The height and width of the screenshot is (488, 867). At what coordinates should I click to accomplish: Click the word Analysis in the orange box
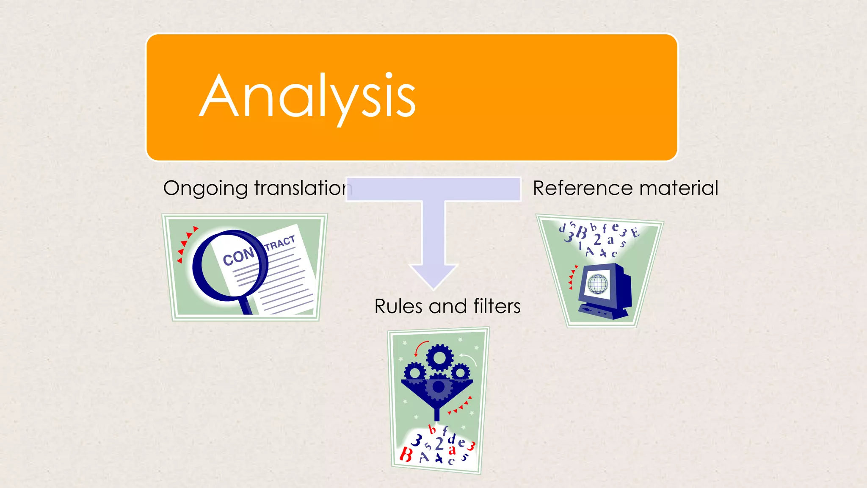point(308,97)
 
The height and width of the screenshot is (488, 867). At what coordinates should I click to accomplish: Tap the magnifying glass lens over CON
point(231,265)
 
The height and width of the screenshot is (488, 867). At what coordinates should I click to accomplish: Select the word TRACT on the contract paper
point(280,243)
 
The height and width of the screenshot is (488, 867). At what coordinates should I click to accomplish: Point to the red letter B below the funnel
point(406,455)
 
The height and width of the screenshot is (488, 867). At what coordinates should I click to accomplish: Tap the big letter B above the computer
point(582,233)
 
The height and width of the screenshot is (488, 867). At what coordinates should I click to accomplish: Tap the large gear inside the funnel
point(439,386)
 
